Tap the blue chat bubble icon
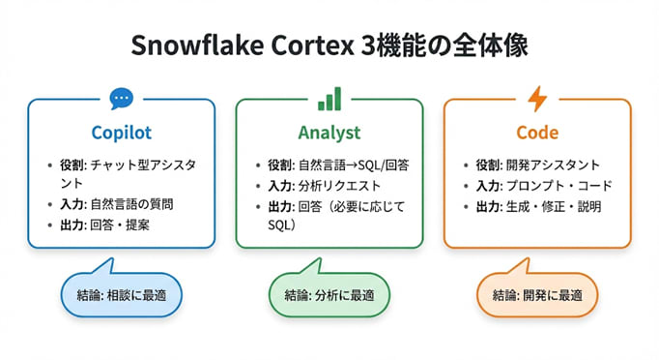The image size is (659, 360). tap(121, 99)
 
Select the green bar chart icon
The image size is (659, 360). tap(329, 99)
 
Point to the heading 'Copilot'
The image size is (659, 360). tap(121, 131)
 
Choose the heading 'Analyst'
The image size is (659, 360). tap(329, 131)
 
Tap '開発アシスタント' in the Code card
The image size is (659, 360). tap(547, 165)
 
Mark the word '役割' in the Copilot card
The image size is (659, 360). tap(72, 165)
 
